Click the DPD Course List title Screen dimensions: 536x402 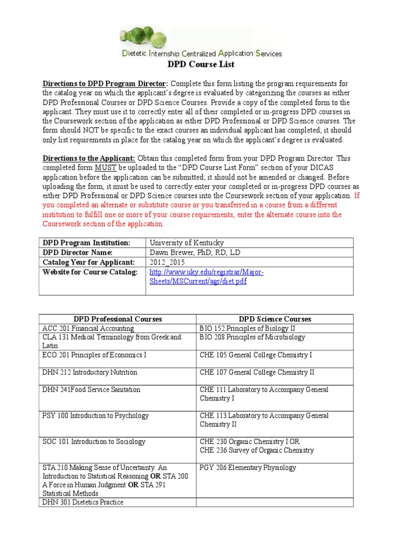200,64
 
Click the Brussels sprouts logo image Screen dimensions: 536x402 150,37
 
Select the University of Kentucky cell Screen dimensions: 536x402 186,243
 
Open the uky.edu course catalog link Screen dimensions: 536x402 206,276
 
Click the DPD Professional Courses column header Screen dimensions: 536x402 117,319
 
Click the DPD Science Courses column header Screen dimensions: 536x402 275,319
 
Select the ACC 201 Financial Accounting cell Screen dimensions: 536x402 88,328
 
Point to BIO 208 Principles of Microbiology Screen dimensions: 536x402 252,337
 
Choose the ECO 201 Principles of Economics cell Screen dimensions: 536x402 94,355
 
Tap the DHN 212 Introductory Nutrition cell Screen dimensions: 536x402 90,372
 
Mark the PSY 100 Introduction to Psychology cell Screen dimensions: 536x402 95,416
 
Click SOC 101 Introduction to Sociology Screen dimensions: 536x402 94,442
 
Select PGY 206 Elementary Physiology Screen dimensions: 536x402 248,467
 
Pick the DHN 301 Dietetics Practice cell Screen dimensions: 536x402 83,502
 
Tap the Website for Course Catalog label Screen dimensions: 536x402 90,272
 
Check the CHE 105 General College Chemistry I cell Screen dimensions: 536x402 255,355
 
